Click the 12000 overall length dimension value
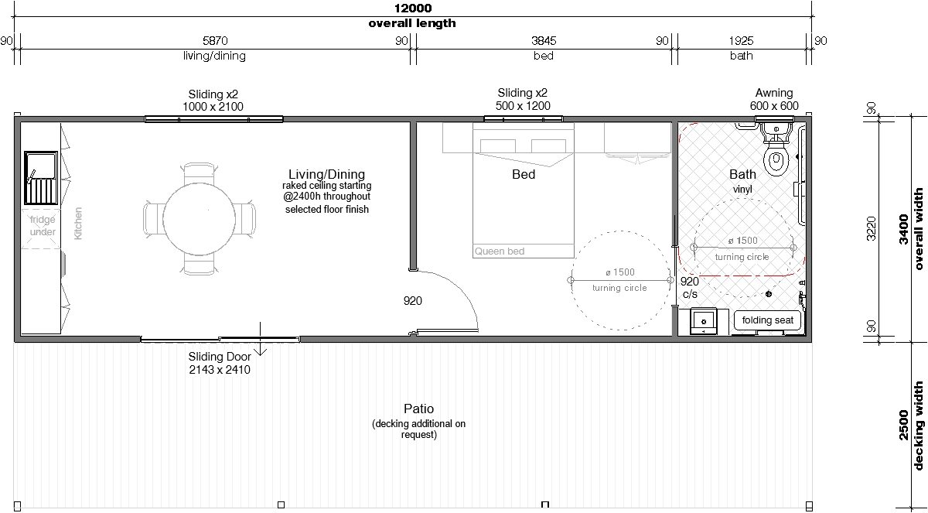click(x=413, y=9)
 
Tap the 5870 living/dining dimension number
click(x=215, y=40)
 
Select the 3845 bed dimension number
click(x=544, y=40)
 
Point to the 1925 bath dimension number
click(x=741, y=40)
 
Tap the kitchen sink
click(x=40, y=178)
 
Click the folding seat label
click(x=767, y=320)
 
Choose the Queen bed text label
click(x=500, y=251)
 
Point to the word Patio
click(x=418, y=409)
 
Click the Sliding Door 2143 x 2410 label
click(x=220, y=363)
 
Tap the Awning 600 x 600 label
click(x=774, y=99)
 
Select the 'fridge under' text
click(x=43, y=225)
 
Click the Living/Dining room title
click(x=326, y=174)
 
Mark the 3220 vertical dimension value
click(x=872, y=228)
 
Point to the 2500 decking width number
click(x=904, y=425)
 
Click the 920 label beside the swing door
click(x=413, y=300)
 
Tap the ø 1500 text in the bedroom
click(x=619, y=272)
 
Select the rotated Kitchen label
click(x=78, y=224)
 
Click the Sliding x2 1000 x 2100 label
click(x=213, y=101)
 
